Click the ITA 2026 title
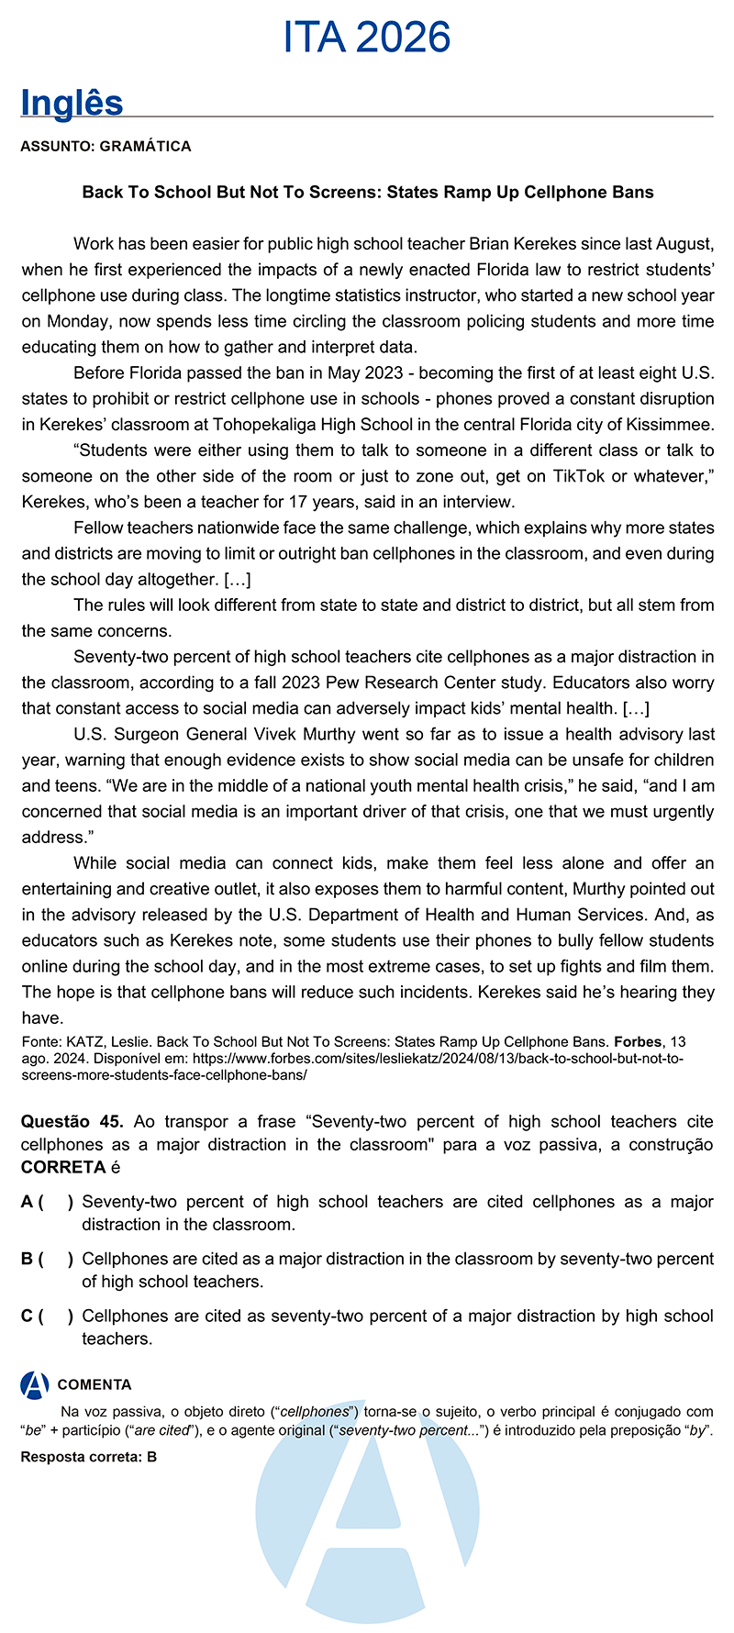[x=367, y=37]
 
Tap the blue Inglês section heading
[x=72, y=103]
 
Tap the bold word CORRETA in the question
[x=63, y=1167]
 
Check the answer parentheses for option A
[x=56, y=1202]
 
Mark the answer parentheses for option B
[x=56, y=1259]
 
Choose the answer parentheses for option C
[x=56, y=1316]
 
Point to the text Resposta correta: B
[x=89, y=1457]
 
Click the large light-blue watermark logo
[x=367, y=1514]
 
